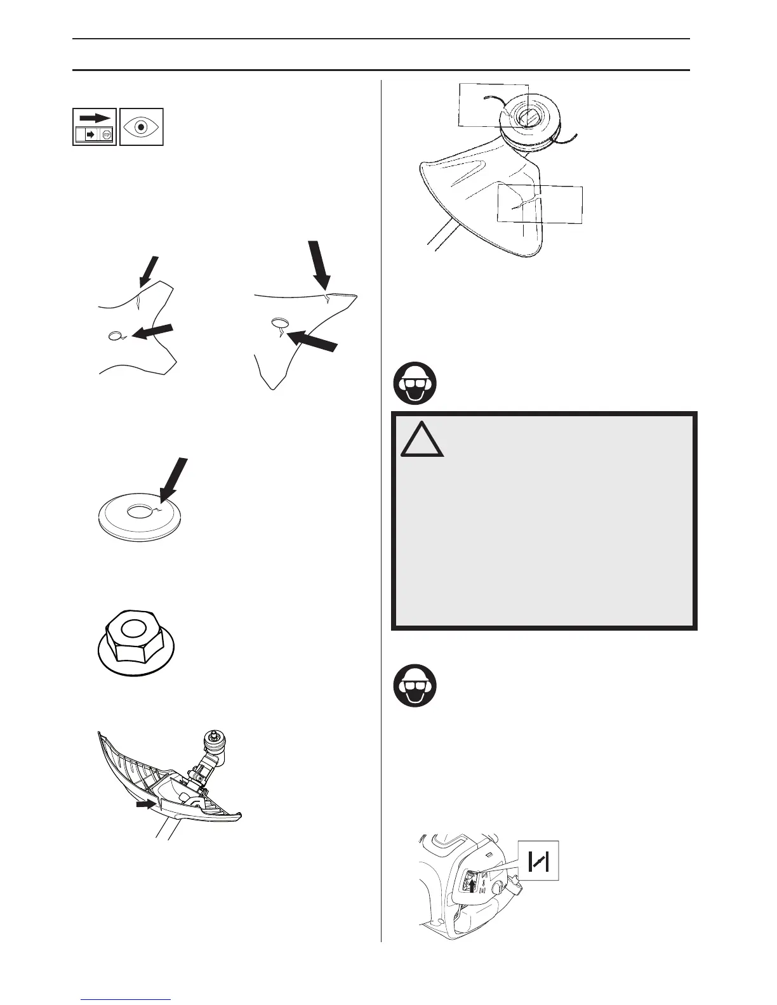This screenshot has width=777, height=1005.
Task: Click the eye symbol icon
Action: (142, 127)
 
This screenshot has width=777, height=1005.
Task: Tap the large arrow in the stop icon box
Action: (95, 119)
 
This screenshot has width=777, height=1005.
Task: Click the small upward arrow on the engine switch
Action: (472, 883)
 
